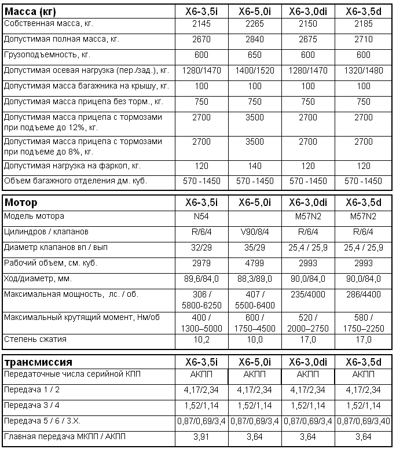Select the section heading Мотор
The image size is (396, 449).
tap(21, 203)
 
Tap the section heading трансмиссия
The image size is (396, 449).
tap(39, 362)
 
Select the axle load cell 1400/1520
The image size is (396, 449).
tap(255, 70)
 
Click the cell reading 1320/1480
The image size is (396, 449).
tap(364, 70)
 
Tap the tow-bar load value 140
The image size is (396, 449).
tap(255, 165)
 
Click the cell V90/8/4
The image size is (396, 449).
tap(255, 232)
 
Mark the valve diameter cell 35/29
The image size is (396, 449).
tap(255, 248)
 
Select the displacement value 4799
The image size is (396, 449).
tap(255, 263)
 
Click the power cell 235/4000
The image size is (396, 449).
tap(309, 295)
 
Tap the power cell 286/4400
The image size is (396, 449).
tap(364, 295)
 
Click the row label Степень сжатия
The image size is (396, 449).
tap(35, 340)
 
